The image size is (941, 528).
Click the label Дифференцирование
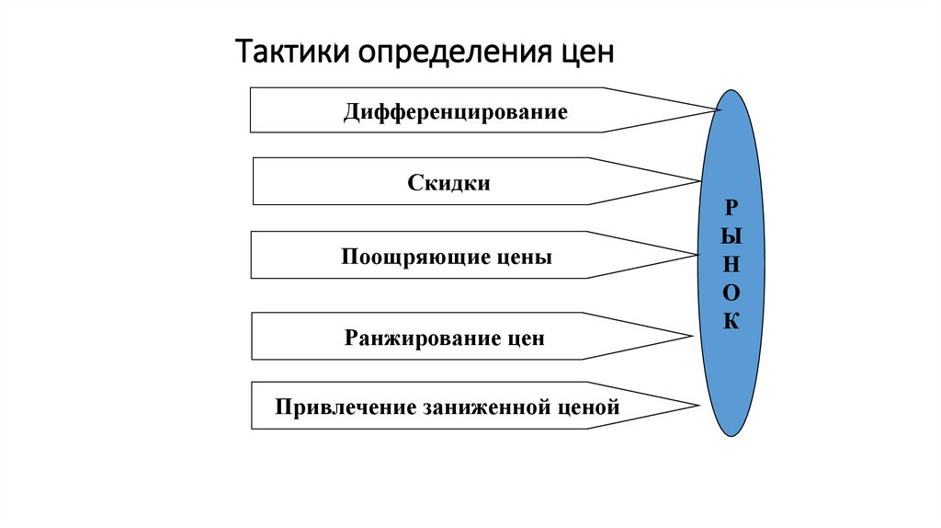(456, 113)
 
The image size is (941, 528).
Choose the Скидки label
(449, 183)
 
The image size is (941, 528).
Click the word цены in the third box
(525, 258)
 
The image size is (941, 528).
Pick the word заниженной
(487, 407)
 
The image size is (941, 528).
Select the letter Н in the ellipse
(732, 263)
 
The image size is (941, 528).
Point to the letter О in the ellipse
(732, 293)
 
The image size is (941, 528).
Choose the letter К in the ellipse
(732, 322)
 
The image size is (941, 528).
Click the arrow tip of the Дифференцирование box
(720, 110)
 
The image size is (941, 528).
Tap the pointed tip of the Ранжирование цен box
(691, 337)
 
